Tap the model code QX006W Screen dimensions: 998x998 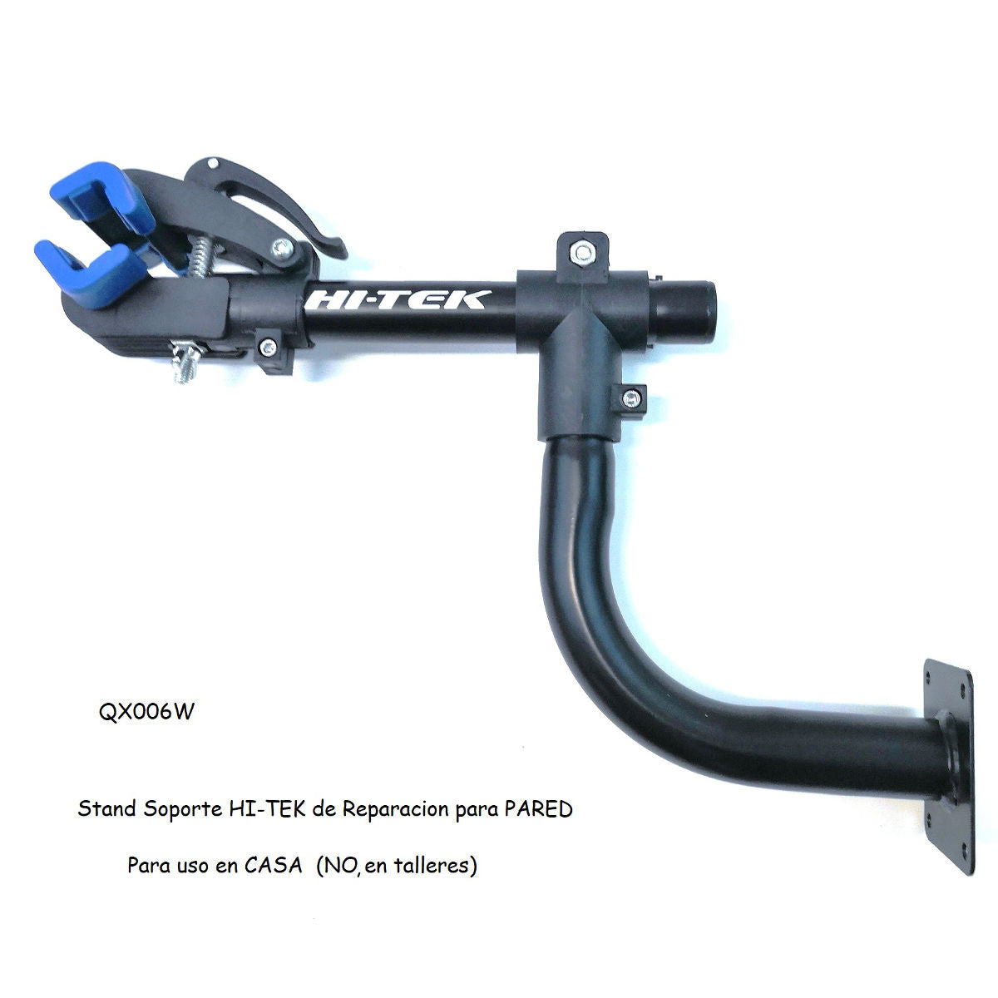pyautogui.click(x=145, y=714)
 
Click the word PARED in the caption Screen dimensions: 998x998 pyautogui.click(x=538, y=808)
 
